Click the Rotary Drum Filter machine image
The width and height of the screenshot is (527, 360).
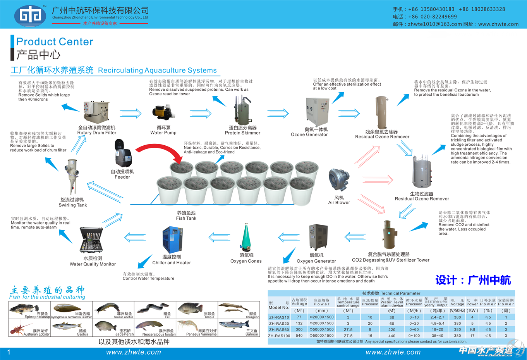point(96,112)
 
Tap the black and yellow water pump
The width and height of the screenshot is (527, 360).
point(163,113)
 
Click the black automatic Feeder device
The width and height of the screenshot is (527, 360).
point(123,153)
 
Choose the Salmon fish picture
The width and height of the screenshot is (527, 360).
point(233,326)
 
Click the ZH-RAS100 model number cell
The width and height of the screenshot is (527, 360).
point(279,336)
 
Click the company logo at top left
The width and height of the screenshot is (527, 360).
point(30,16)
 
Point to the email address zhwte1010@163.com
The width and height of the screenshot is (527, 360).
point(435,24)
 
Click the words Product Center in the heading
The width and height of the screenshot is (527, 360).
point(55,41)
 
